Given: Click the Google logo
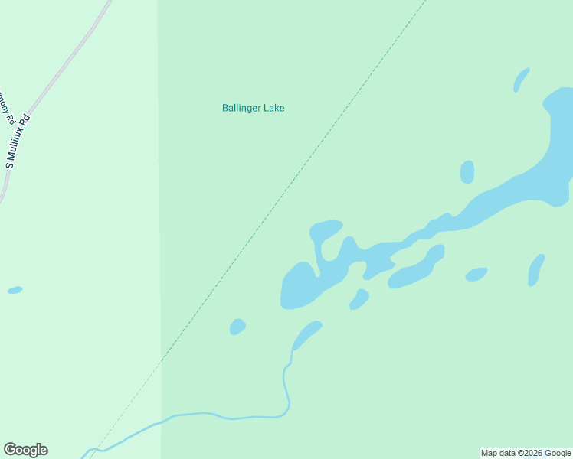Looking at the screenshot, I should (x=25, y=450).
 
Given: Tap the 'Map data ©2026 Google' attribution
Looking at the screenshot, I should (x=526, y=453).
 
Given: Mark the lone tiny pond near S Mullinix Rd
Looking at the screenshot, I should (x=15, y=290).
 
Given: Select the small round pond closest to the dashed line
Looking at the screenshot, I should (x=237, y=327).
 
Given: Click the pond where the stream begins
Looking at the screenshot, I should (x=307, y=334).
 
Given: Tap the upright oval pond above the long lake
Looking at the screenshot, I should (x=467, y=172).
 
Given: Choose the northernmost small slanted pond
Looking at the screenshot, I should (x=521, y=80).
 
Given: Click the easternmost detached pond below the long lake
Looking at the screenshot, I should (x=536, y=270).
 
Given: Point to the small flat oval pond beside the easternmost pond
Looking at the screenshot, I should (x=476, y=274).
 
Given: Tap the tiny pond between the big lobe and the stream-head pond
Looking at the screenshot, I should (x=359, y=298).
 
